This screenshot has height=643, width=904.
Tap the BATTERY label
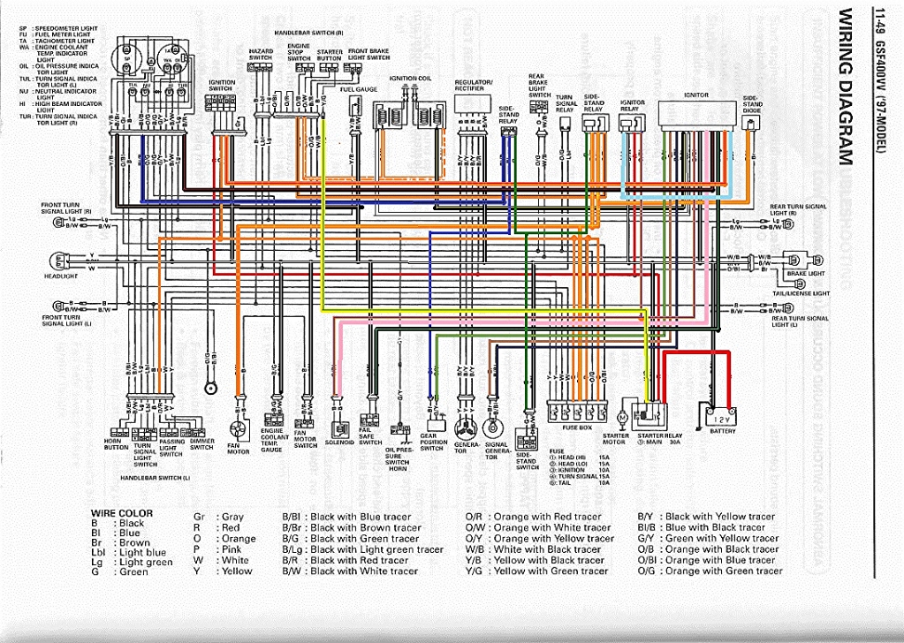pos(722,431)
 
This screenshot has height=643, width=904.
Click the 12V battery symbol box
pos(721,416)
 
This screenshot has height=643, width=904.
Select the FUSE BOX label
pos(576,427)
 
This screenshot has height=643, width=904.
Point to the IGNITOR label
pos(695,94)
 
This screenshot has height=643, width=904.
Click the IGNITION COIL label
pos(409,78)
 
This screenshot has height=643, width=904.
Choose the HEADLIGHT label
pos(61,276)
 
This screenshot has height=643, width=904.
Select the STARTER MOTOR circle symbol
pos(621,415)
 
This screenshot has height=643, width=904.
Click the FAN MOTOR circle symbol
pos(238,425)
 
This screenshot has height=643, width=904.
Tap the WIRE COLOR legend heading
pos(122,513)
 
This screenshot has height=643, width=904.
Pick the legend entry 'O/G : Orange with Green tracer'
pos(710,571)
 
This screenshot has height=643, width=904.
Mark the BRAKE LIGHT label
pos(805,274)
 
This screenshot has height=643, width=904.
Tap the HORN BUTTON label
pos(116,443)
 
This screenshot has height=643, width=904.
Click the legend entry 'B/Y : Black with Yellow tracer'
pos(708,516)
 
